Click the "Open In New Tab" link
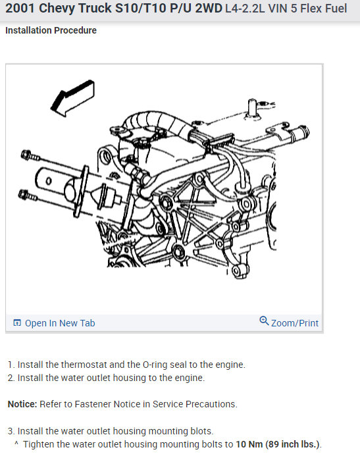click(x=60, y=323)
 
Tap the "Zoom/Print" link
click(x=295, y=323)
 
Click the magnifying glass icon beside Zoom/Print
click(x=264, y=320)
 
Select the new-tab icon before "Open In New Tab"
click(x=17, y=322)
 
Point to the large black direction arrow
click(x=72, y=98)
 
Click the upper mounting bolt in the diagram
click(x=30, y=155)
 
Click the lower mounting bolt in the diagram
click(x=28, y=195)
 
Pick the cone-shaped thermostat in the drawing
click(x=106, y=197)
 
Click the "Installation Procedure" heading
click(x=51, y=30)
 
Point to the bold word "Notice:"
click(x=22, y=404)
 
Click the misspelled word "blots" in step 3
click(x=202, y=431)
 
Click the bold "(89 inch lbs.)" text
click(x=292, y=444)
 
